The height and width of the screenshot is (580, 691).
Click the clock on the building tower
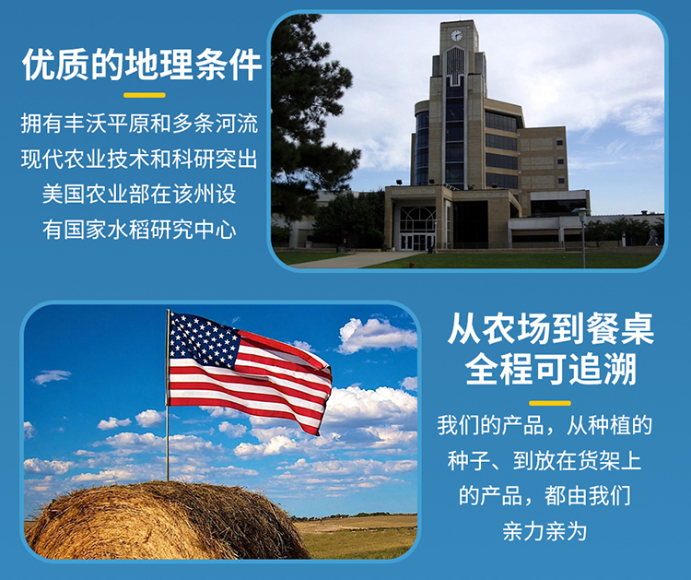pos(457,35)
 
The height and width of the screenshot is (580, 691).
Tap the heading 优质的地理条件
pos(142,65)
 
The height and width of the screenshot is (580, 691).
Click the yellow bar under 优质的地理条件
pos(145,95)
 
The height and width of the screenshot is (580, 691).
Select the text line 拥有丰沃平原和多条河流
pos(139,123)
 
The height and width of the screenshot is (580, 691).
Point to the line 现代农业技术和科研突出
pos(139,159)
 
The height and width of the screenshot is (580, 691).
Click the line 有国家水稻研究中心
pos(139,230)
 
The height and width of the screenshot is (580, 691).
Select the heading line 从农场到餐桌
pos(550,328)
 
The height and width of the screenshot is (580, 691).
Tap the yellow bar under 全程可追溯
pos(550,403)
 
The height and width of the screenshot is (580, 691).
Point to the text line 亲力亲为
pos(545,531)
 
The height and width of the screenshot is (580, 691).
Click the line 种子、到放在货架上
pos(545,461)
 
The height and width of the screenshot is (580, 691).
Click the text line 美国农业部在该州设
pos(139,194)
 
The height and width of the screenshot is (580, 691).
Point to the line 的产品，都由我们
pos(545,496)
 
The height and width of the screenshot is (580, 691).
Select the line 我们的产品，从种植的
pos(545,426)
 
